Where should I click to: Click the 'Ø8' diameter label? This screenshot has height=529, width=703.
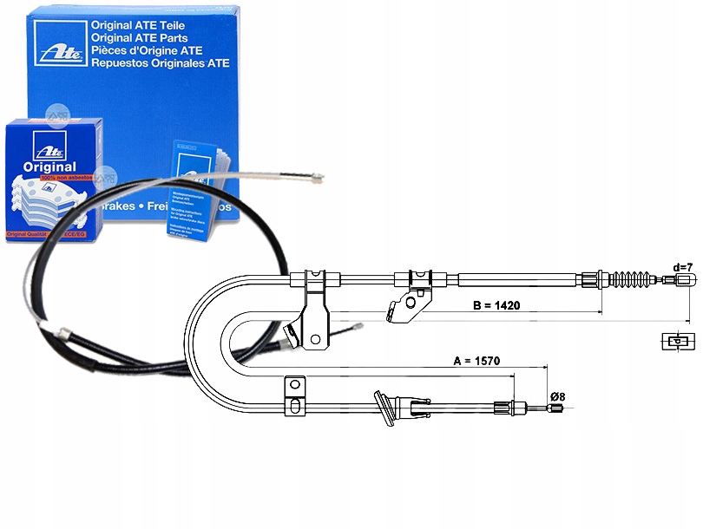(x=557, y=396)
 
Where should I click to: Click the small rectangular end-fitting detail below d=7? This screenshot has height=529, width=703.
(x=676, y=340)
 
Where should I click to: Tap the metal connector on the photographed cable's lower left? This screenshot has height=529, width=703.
(x=62, y=334)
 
